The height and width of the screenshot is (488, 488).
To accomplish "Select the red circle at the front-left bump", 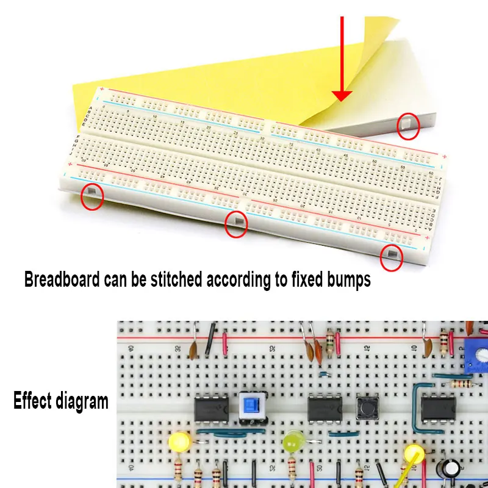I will [x=91, y=195].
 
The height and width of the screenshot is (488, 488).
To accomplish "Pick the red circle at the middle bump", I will [x=236, y=224].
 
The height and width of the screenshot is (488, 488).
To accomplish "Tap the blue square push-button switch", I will [x=250, y=406].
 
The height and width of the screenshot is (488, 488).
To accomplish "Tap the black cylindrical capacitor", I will [x=452, y=468].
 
